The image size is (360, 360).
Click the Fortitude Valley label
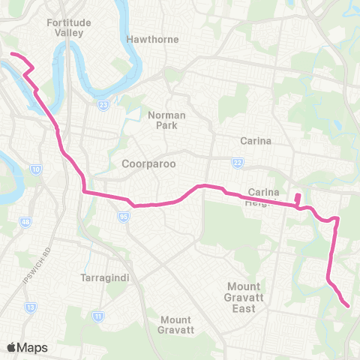click(x=69, y=28)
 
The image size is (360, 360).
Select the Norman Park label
click(x=166, y=120)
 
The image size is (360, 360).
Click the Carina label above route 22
click(x=255, y=140)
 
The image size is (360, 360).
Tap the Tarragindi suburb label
click(x=106, y=277)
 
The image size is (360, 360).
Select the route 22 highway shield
click(x=238, y=161)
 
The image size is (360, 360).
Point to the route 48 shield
click(x=25, y=222)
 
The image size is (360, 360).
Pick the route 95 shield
click(x=121, y=217)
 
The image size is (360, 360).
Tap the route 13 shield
click(x=30, y=307)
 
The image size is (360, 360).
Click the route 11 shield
click(x=97, y=317)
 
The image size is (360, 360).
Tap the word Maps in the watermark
click(x=33, y=347)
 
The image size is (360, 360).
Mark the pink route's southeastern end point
click(x=348, y=305)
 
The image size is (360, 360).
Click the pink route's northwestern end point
click(x=11, y=54)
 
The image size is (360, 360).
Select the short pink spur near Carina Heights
click(x=298, y=199)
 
